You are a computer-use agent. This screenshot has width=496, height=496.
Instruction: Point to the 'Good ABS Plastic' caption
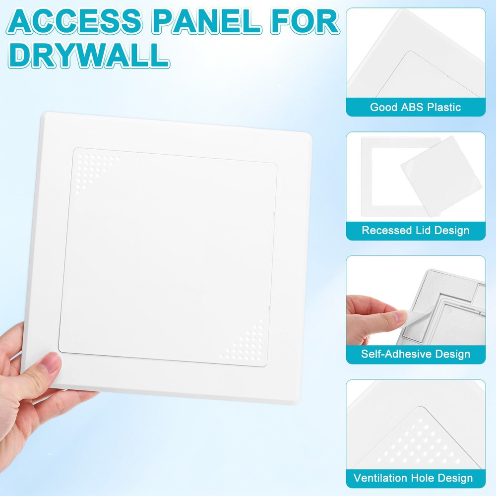coord(416,107)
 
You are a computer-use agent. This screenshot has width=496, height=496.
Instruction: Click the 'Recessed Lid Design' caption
coord(416,231)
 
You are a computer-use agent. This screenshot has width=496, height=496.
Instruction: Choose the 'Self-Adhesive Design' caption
coord(416,354)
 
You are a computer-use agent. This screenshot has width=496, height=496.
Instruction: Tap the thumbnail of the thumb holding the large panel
coord(50,367)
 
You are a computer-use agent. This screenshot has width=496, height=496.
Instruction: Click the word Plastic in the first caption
coord(443,107)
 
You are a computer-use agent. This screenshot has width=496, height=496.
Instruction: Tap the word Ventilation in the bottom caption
coord(380,478)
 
